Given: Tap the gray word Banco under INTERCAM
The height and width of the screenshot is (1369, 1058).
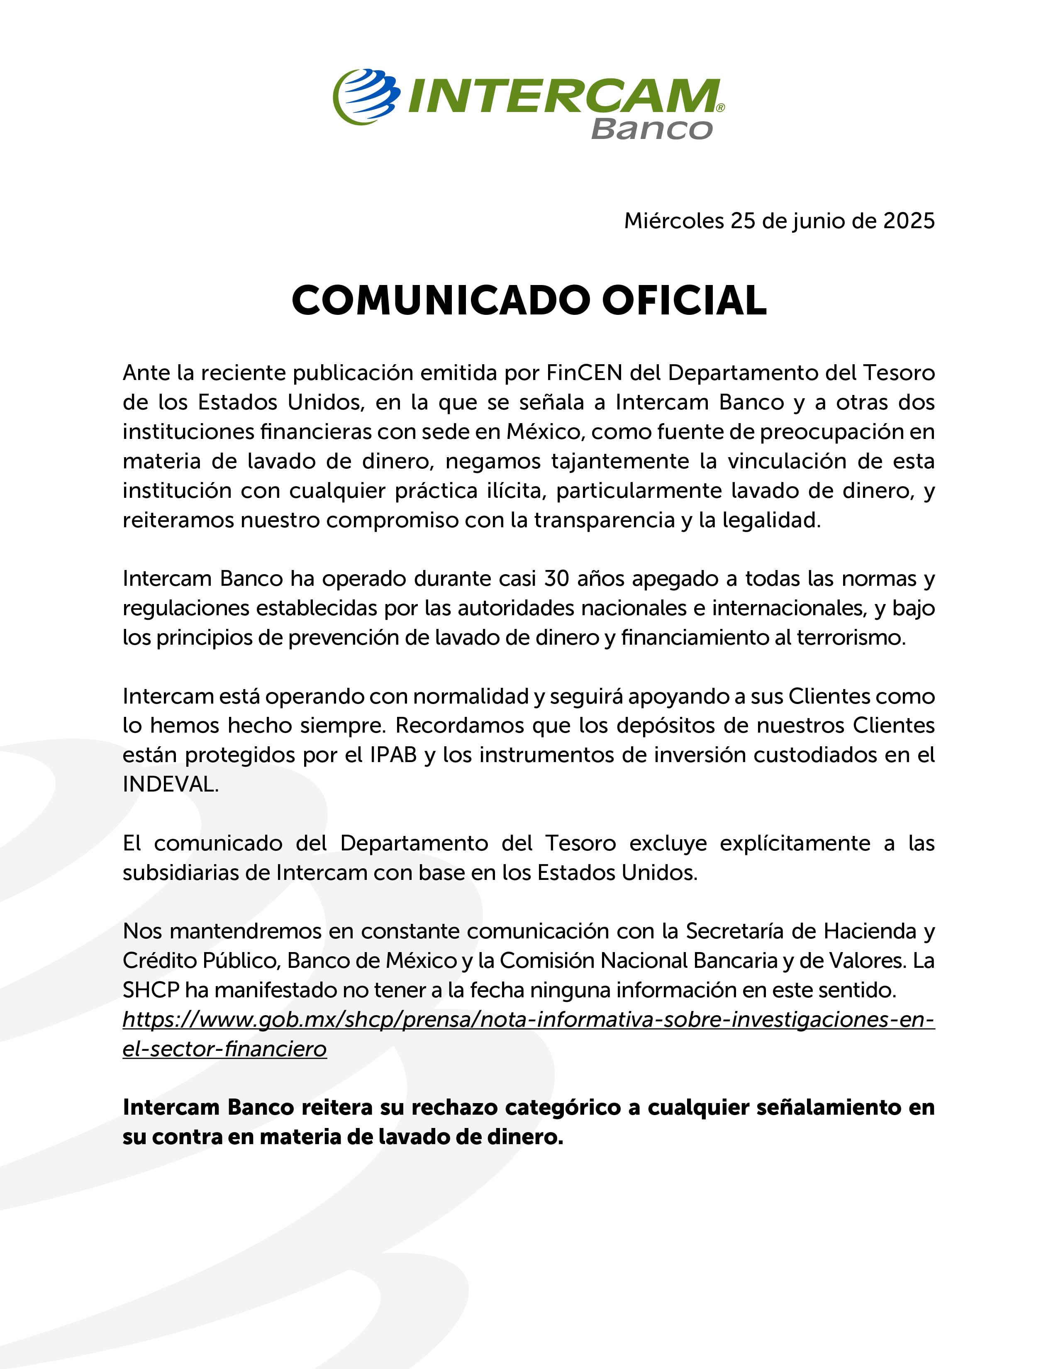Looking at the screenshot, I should [651, 129].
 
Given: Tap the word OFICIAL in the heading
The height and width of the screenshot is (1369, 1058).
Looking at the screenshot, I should [685, 300].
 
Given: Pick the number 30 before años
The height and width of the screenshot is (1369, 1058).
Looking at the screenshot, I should [556, 579].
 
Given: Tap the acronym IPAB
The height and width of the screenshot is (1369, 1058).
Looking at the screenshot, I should [393, 755].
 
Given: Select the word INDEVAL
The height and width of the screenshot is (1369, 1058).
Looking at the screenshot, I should [170, 784].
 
